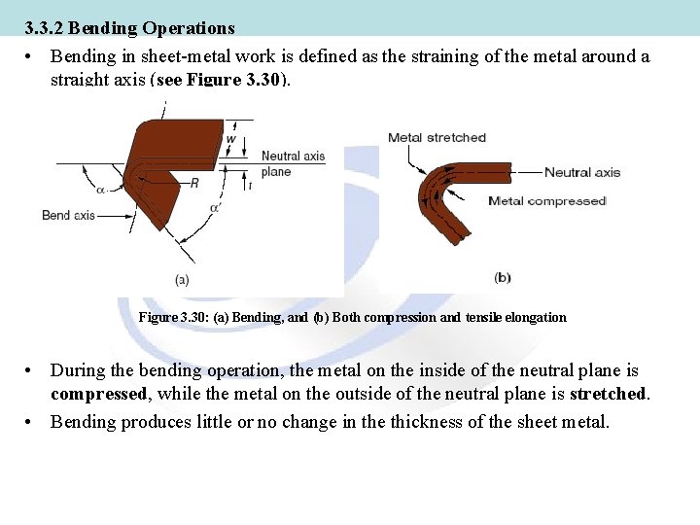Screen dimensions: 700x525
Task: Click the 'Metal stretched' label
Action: tap(437, 137)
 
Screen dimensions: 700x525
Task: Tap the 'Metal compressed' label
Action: tap(546, 201)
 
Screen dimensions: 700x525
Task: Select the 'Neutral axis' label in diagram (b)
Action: tap(581, 173)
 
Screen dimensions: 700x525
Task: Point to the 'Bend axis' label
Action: tap(68, 215)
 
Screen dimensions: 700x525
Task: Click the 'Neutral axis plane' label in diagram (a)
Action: tap(293, 163)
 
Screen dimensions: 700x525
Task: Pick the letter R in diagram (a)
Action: tap(193, 183)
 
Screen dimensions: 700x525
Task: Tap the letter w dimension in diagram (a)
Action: tap(230, 139)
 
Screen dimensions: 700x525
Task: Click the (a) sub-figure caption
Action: tap(182, 279)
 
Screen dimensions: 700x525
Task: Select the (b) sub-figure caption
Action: tap(502, 277)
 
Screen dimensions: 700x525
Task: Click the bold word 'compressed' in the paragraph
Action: tap(97, 394)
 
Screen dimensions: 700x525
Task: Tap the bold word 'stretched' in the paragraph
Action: tap(608, 394)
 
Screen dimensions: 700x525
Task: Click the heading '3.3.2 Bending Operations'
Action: tap(130, 29)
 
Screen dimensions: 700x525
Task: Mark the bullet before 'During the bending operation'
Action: tap(32, 370)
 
